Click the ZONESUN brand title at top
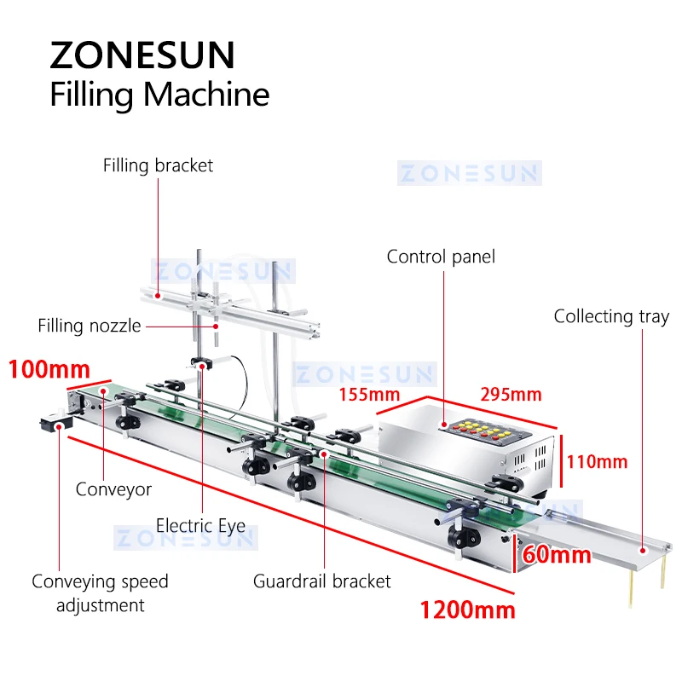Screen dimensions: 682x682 click(x=142, y=55)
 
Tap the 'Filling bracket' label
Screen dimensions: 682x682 click(x=158, y=165)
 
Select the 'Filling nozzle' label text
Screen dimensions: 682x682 click(x=90, y=326)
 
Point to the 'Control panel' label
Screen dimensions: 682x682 click(x=441, y=256)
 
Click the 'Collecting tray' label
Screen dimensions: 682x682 click(x=611, y=316)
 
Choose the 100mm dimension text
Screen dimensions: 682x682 click(x=49, y=370)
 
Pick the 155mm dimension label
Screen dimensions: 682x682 click(x=369, y=394)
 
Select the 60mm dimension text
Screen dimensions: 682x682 click(x=558, y=555)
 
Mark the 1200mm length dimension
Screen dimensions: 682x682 click(x=467, y=610)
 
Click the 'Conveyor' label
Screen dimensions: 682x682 click(x=113, y=489)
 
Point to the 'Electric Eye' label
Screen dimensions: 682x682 click(x=201, y=524)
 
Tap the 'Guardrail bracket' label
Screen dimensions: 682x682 click(x=321, y=581)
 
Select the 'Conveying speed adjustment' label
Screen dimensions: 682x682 click(x=100, y=593)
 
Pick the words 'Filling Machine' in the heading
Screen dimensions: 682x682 click(x=159, y=93)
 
